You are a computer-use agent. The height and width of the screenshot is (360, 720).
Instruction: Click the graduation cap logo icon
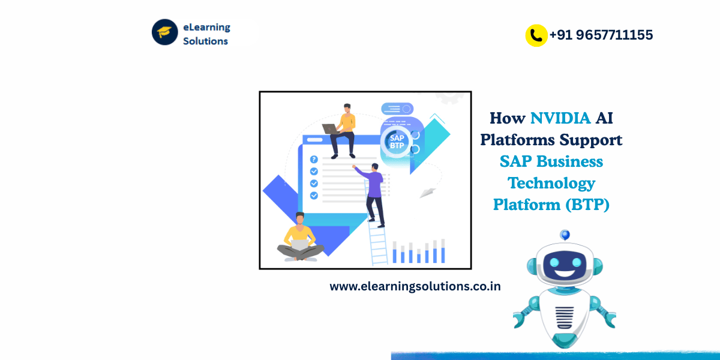tap(164, 32)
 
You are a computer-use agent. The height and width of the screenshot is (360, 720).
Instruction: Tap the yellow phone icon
tap(536, 35)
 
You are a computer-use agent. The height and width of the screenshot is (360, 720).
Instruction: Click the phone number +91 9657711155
tap(601, 35)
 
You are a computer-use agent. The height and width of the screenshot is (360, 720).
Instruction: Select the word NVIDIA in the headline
tap(560, 118)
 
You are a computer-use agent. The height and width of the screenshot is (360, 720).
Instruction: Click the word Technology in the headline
tap(551, 182)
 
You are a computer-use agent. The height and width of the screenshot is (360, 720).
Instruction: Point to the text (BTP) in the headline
tap(587, 205)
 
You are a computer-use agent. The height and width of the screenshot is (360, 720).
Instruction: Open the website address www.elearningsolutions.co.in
tap(415, 287)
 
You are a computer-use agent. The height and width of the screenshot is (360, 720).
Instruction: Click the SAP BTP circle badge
tap(395, 141)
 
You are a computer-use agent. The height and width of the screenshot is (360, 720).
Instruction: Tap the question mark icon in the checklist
tap(314, 159)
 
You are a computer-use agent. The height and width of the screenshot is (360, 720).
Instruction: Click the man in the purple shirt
tap(373, 186)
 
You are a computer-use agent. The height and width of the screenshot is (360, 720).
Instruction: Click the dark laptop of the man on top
tap(330, 128)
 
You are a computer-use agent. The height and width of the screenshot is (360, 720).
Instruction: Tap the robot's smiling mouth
tap(564, 273)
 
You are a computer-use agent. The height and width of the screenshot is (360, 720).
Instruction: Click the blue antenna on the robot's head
tap(564, 234)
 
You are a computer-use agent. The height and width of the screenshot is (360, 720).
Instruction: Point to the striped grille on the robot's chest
tap(564, 315)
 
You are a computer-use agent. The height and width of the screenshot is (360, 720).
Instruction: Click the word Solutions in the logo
tap(205, 41)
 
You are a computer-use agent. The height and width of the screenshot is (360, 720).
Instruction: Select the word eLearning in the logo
tap(206, 27)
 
